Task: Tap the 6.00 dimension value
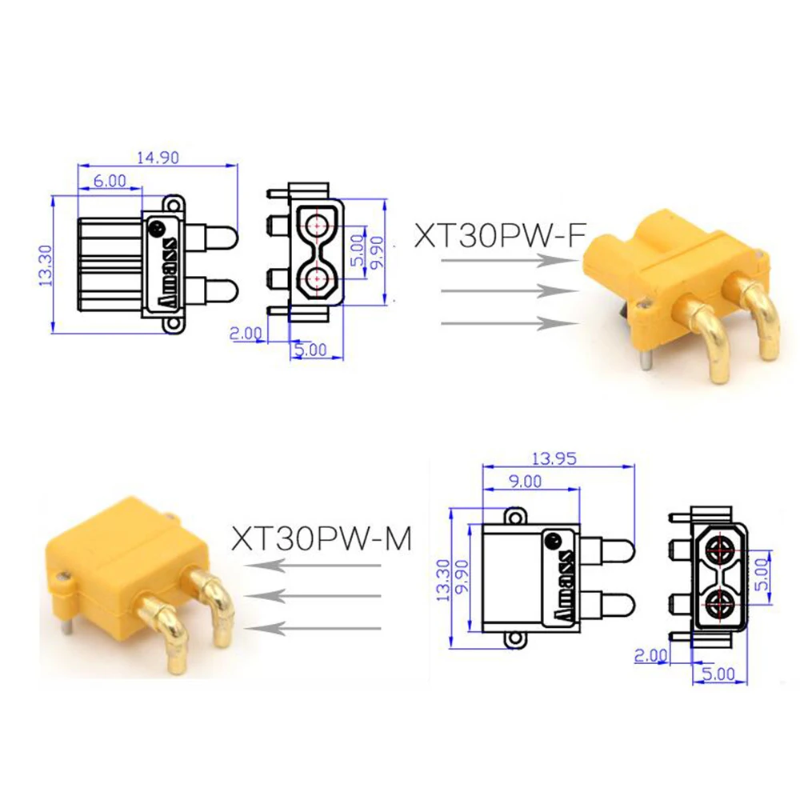[110, 182]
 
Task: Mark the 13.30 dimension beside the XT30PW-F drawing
[46, 264]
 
